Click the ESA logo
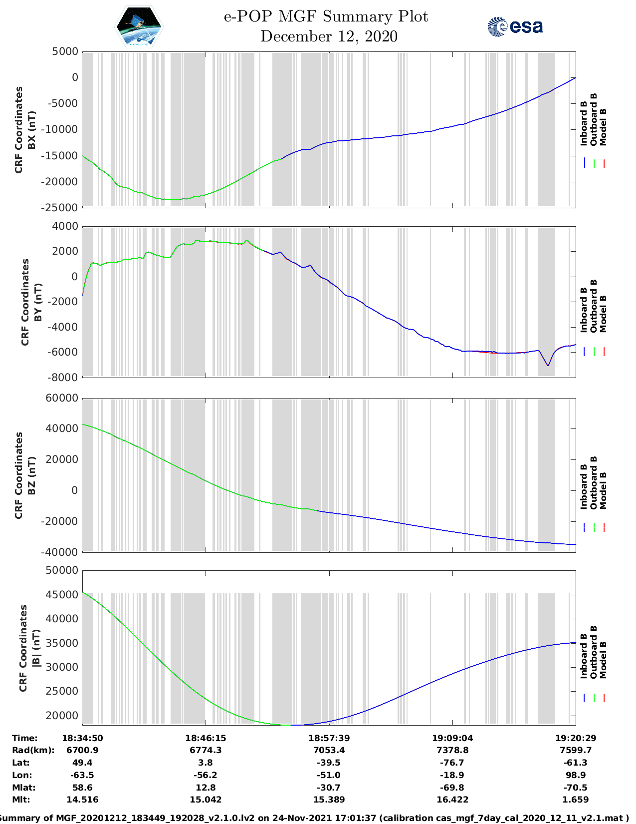pyautogui.click(x=515, y=26)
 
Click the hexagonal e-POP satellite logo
pyautogui.click(x=139, y=27)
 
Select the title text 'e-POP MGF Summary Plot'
pyautogui.click(x=326, y=16)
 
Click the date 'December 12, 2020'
pyautogui.click(x=329, y=36)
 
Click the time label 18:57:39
pyautogui.click(x=329, y=738)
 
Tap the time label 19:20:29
pyautogui.click(x=576, y=738)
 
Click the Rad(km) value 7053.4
pyautogui.click(x=329, y=750)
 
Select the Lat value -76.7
pyautogui.click(x=452, y=763)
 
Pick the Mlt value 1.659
pyautogui.click(x=576, y=800)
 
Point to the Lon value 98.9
pyautogui.click(x=576, y=775)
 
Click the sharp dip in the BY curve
pyautogui.click(x=548, y=365)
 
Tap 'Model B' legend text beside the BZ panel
pyautogui.click(x=603, y=490)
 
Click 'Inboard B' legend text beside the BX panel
pyautogui.click(x=584, y=123)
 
